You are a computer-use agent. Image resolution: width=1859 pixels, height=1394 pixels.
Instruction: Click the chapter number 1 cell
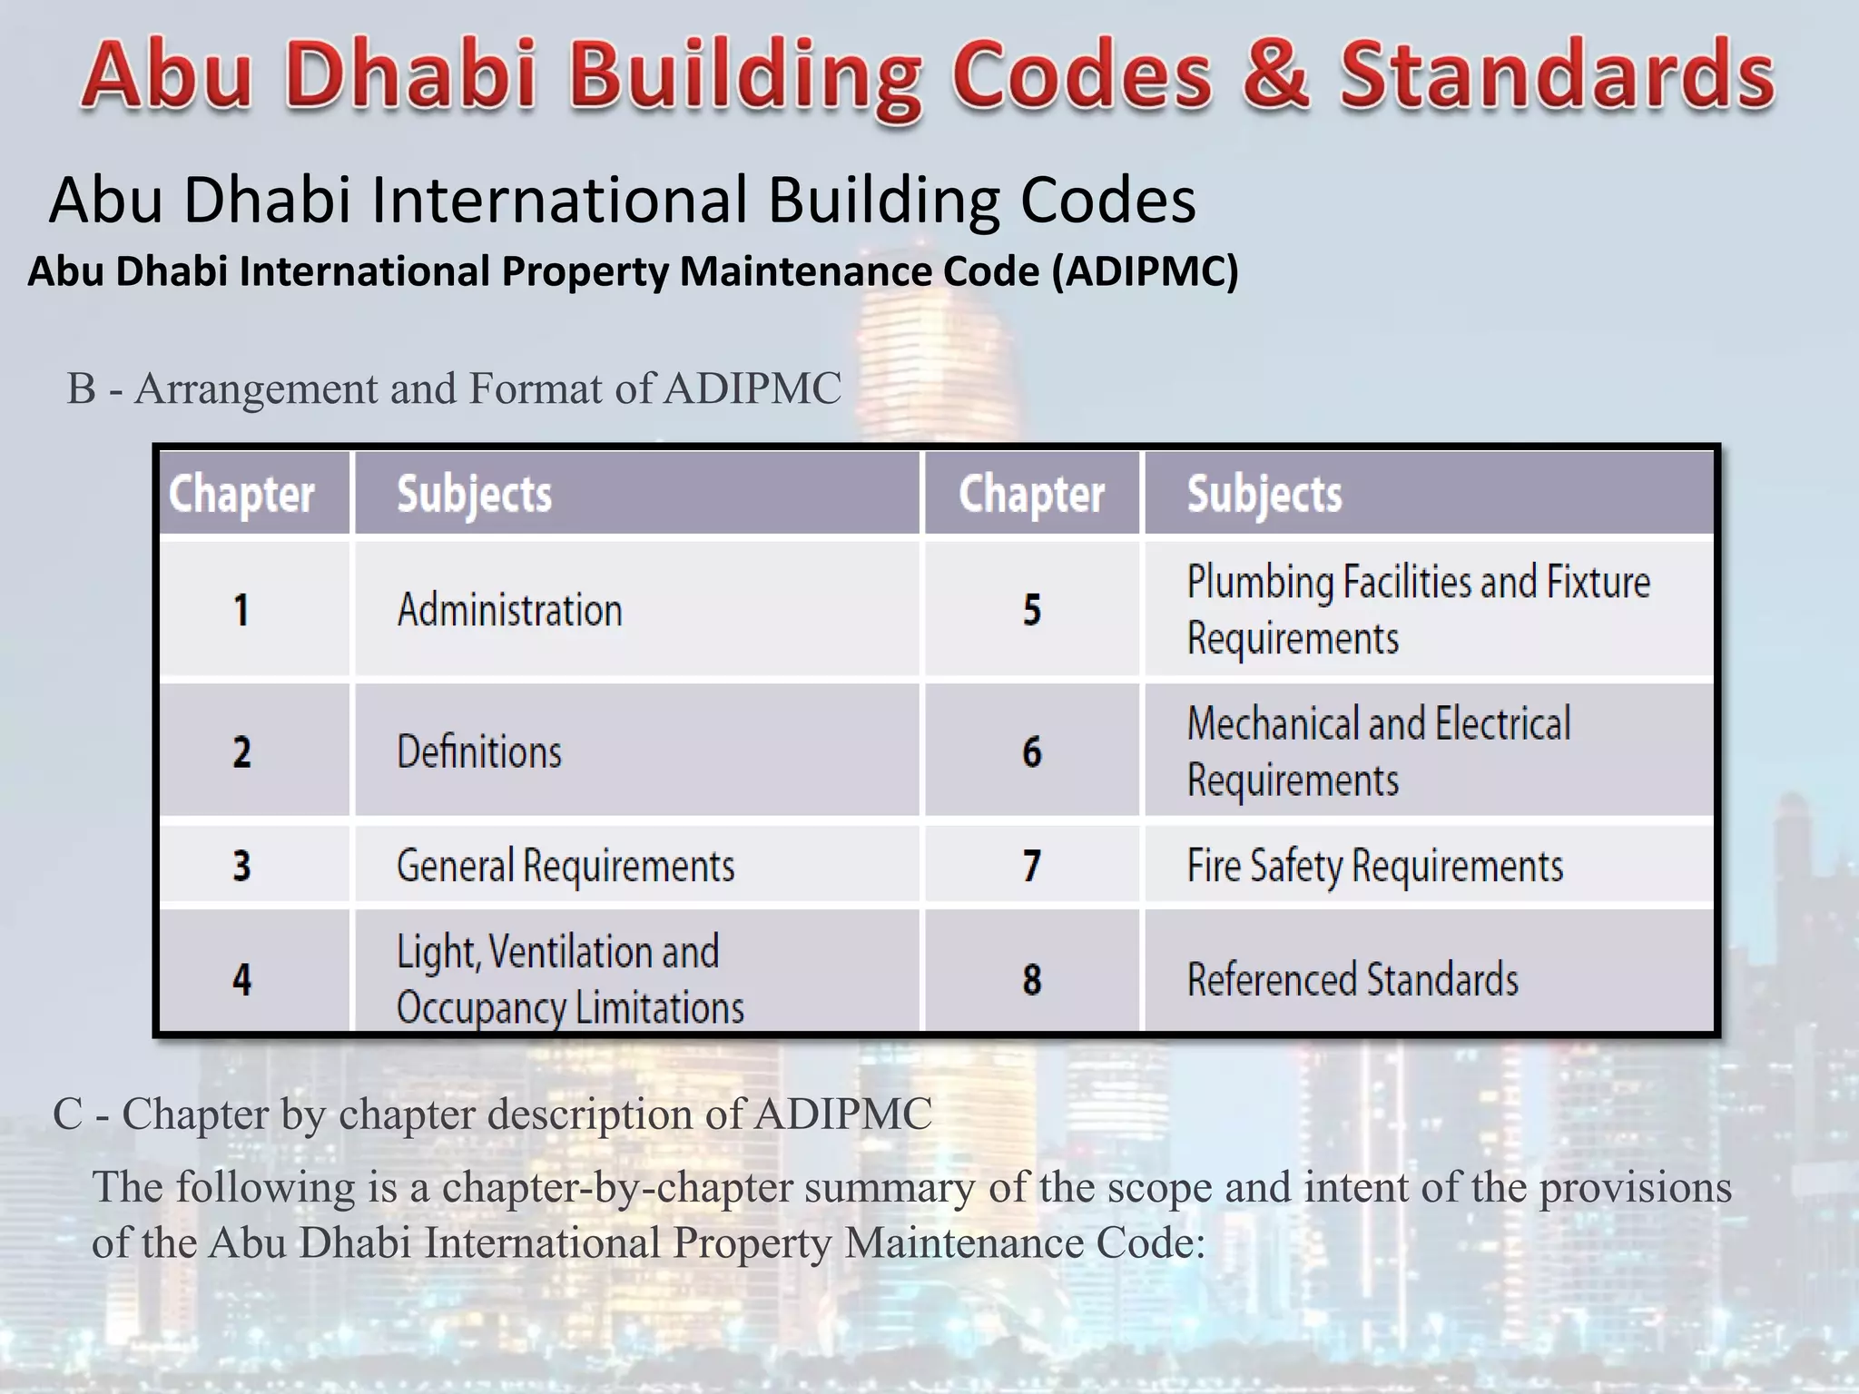click(241, 609)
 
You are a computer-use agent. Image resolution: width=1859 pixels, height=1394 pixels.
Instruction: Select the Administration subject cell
click(509, 609)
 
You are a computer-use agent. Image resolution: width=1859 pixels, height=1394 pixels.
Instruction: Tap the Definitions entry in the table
click(479, 751)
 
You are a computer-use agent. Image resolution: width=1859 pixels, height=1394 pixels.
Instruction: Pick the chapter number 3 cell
click(241, 865)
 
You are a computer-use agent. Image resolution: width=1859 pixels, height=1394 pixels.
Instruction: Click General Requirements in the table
click(566, 865)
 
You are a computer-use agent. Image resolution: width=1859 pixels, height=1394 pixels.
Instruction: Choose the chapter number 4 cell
click(241, 979)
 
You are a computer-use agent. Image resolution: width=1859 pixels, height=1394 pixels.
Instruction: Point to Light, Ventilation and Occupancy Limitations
click(570, 979)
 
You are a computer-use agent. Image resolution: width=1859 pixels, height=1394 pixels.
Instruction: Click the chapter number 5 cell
click(1032, 609)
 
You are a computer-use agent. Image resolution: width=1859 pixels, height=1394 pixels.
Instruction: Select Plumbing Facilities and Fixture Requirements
click(1418, 609)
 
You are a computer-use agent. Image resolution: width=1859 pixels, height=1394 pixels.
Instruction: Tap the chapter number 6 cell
click(1032, 751)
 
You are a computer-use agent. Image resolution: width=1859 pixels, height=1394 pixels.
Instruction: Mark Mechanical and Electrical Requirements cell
click(1378, 751)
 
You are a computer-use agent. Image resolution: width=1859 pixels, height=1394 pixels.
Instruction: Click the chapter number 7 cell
click(1032, 865)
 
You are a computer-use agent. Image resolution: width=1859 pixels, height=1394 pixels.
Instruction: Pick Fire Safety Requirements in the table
click(1374, 865)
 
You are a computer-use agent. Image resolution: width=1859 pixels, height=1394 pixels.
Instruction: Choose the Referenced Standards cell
click(1352, 979)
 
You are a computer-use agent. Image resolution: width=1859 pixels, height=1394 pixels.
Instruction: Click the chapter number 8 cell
click(1032, 979)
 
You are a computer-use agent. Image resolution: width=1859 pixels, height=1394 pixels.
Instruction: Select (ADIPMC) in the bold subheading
click(1145, 271)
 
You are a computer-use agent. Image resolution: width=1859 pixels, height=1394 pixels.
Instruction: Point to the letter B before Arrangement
click(82, 388)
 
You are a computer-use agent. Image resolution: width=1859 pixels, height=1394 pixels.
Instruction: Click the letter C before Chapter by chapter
click(68, 1114)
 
